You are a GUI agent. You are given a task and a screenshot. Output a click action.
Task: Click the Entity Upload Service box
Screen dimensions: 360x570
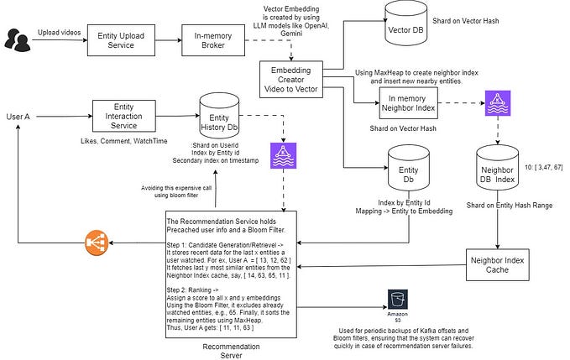pyautogui.click(x=123, y=39)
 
